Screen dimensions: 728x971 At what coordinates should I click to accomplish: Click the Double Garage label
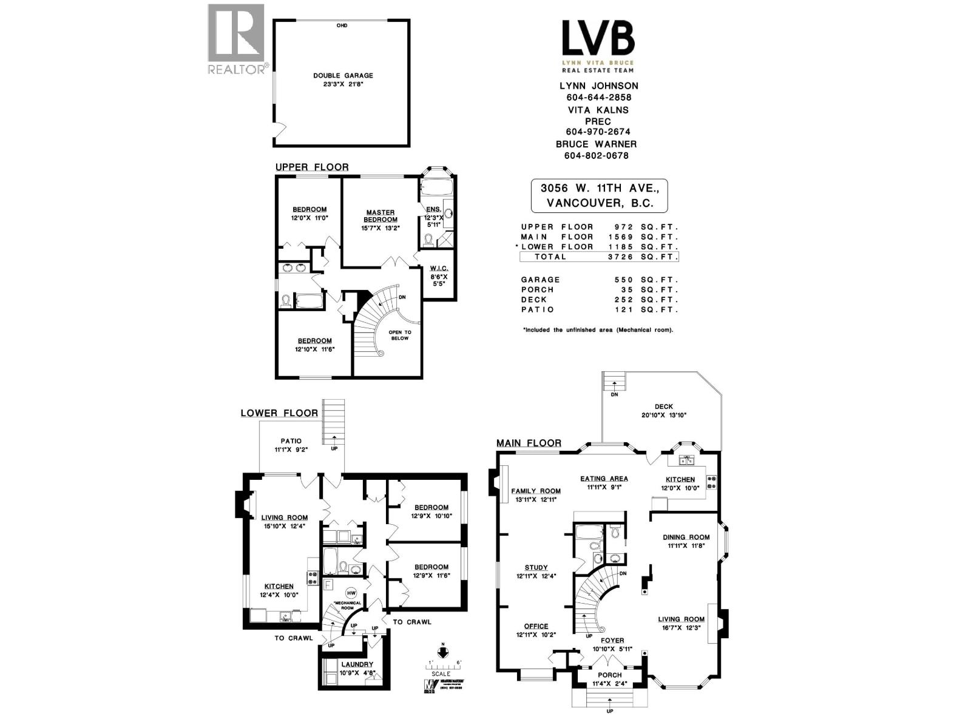pos(343,76)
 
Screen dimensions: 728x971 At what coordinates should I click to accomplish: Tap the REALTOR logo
pos(236,39)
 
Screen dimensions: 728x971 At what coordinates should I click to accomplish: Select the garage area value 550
pos(623,280)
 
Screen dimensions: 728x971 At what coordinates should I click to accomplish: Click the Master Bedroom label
pos(381,216)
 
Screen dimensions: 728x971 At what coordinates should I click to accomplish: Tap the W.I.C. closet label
pos(439,268)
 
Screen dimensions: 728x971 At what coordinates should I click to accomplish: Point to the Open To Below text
pos(399,335)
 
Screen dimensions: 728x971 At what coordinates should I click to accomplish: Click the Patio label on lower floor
pos(291,441)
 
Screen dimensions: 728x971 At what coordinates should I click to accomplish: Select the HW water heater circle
pos(351,592)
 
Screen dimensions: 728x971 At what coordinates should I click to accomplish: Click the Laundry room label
pos(357,664)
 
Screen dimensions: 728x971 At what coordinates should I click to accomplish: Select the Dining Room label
pos(686,537)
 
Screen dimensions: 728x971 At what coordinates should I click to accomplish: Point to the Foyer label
pos(612,640)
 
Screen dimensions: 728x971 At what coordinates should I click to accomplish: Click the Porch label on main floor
pos(609,675)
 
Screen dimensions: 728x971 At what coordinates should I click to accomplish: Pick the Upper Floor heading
pos(312,167)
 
